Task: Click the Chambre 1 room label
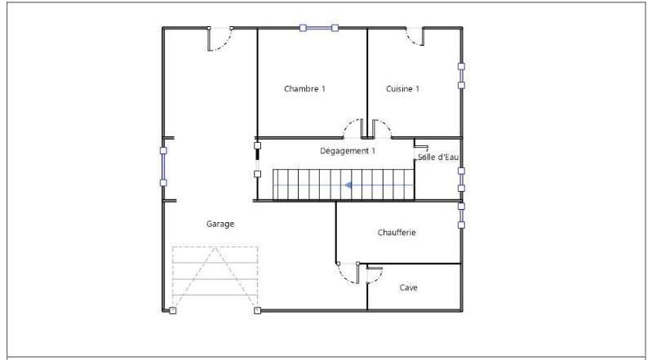point(304,88)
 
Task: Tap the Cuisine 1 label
point(402,88)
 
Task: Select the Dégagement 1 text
point(348,151)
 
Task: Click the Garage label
point(220,223)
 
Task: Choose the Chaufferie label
point(397,233)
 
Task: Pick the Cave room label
point(409,287)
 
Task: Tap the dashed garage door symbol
point(215,278)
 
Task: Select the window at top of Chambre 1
point(318,29)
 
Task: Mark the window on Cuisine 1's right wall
point(461,75)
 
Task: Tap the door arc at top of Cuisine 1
point(415,38)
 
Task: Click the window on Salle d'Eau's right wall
point(461,180)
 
